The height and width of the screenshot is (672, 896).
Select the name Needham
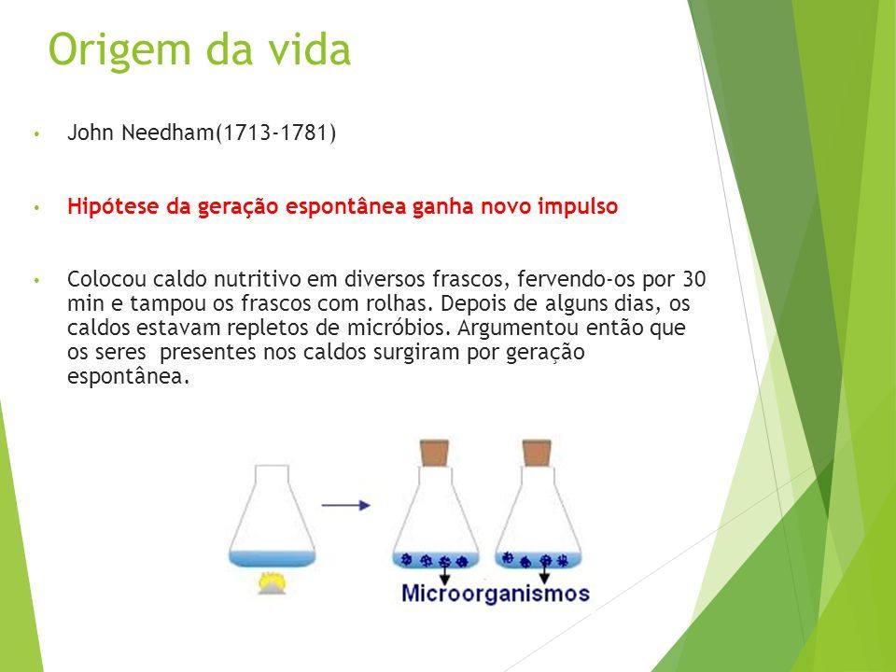pos(167,133)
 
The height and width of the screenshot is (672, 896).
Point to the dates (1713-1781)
pos(275,133)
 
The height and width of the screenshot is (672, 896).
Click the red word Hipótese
pos(114,206)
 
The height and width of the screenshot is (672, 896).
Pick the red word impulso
pos(578,206)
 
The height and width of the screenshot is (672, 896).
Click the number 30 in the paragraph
pos(694,279)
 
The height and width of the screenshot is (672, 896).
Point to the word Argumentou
pos(518,328)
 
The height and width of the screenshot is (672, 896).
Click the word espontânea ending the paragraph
pos(128,377)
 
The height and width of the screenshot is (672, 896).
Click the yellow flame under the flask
pos(272,582)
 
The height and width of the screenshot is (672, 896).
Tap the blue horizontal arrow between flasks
pos(345,505)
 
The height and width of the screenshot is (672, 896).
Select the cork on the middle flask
pos(434,454)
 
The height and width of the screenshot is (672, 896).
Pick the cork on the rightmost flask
pos(538,454)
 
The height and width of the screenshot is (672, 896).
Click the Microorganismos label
pos(496,594)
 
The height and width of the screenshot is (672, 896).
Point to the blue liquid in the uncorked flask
pos(272,558)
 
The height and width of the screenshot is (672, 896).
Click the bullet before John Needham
pos(37,134)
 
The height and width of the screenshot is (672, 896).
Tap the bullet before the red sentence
pos(37,207)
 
